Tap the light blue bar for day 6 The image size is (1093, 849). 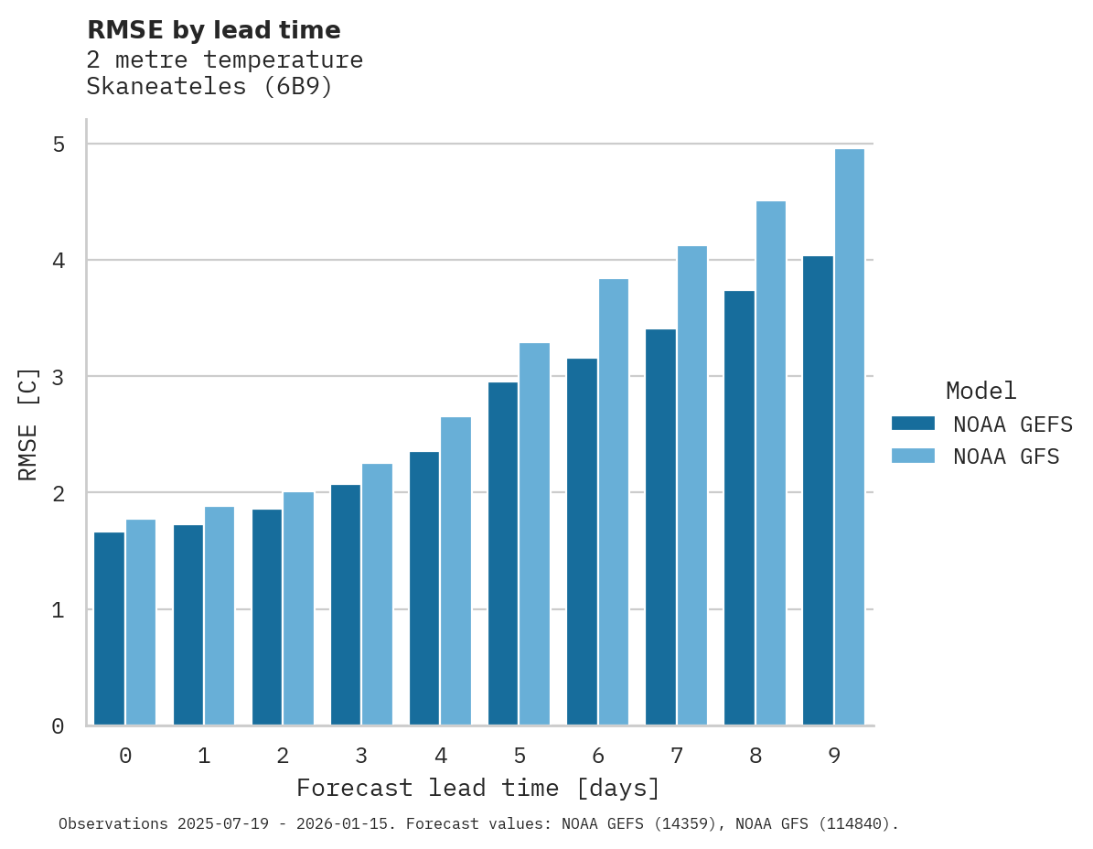point(613,502)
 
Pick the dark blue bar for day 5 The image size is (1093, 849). point(503,553)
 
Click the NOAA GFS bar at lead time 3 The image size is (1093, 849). point(377,595)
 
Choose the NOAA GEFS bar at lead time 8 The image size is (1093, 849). point(739,508)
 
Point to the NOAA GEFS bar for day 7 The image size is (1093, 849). point(660,527)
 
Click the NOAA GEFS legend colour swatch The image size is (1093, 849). point(913,424)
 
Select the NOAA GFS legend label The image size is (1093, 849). point(1006,457)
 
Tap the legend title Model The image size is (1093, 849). point(980,392)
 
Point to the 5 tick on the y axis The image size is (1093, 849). point(59,145)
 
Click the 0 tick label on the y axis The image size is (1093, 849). point(59,726)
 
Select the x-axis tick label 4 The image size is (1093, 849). point(441,757)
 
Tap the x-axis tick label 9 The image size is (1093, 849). point(834,757)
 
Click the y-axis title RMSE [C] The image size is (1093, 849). point(28,424)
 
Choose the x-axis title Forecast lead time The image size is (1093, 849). point(477,789)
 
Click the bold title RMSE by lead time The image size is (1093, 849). point(213,30)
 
